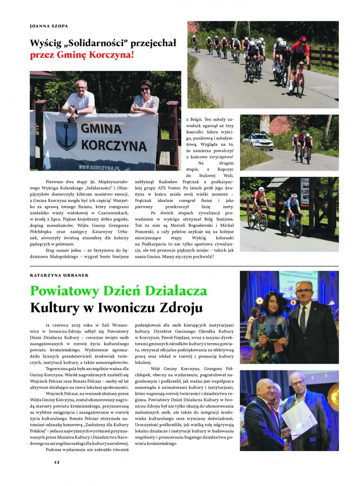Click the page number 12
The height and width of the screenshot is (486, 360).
(x=57, y=462)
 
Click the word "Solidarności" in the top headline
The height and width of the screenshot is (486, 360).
(x=96, y=42)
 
